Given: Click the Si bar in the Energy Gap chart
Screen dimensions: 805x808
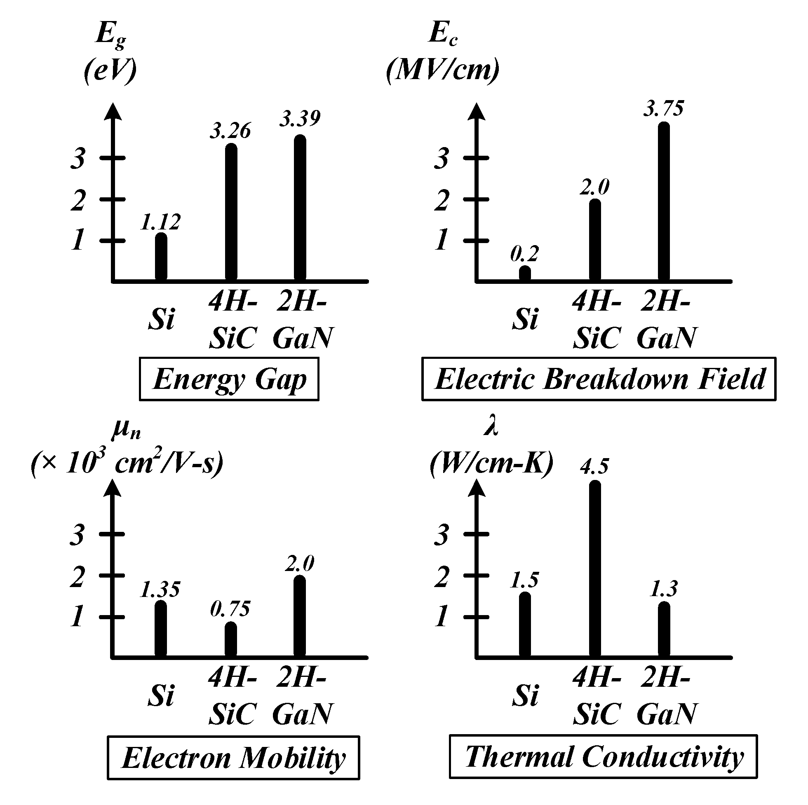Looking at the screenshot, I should [161, 257].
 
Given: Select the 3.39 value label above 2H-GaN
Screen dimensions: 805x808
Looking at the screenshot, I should [300, 118].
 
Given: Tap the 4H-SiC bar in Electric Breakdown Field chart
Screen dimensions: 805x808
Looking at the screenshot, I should [595, 240].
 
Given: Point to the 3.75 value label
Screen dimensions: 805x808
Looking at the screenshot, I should [663, 108].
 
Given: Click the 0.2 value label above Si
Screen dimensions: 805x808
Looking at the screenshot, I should [524, 254].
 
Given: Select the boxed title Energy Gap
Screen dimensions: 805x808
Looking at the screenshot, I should [229, 379].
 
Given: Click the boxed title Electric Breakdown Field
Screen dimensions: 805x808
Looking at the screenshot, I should [599, 379].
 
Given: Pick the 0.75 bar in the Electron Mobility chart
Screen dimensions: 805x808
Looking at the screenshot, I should [230, 640].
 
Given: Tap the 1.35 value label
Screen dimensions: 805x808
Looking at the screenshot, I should [160, 589].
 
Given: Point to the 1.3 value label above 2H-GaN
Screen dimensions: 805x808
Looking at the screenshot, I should [663, 589].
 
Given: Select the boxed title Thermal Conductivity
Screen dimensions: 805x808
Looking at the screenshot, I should [604, 757].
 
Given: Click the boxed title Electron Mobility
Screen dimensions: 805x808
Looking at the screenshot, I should [233, 758].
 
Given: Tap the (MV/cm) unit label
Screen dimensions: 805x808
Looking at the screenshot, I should [442, 70].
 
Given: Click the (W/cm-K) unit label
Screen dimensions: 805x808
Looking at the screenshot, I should [492, 463].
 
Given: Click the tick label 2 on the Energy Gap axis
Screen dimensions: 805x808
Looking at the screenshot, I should [78, 200].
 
